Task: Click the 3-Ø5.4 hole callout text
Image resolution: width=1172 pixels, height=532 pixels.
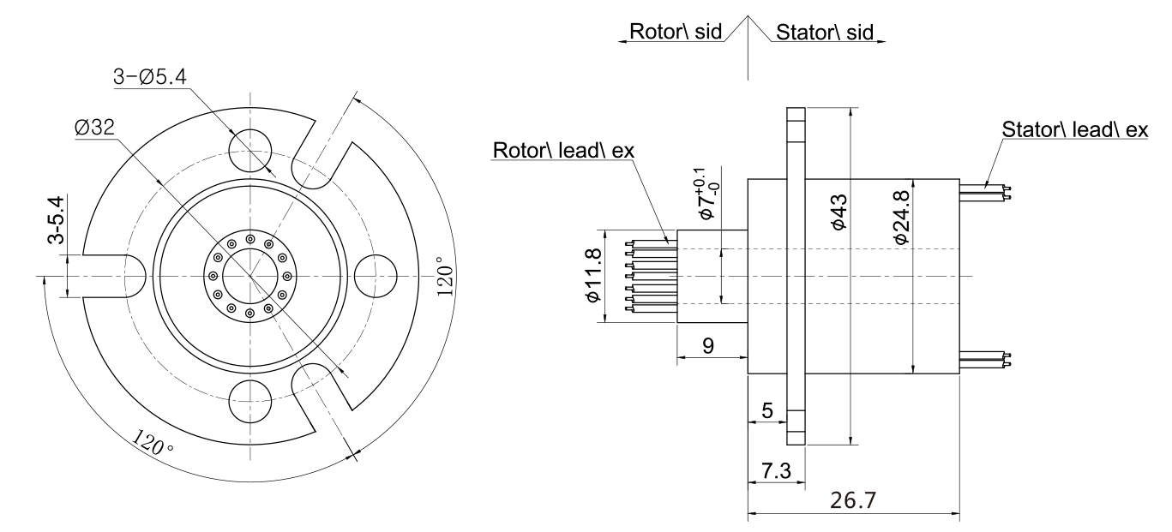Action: [150, 77]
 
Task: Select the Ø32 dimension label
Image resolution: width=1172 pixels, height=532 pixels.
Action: [94, 127]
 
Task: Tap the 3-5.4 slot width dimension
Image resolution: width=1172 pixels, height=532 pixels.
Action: [56, 220]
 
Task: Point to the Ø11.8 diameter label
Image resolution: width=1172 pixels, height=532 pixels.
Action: [593, 275]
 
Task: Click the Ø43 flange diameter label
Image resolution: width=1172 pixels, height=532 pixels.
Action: [838, 212]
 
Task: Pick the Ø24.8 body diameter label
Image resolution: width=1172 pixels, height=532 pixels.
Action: [901, 217]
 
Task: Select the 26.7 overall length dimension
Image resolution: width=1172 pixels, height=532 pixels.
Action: [853, 500]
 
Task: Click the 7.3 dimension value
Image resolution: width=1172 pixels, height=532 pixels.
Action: [776, 470]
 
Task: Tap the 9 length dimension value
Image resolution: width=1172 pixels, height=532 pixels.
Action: [708, 345]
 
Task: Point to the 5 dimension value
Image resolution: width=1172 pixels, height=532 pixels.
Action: [767, 410]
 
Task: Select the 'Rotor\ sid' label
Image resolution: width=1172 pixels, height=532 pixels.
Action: [676, 32]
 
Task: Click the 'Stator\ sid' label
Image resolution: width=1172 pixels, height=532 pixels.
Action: [825, 33]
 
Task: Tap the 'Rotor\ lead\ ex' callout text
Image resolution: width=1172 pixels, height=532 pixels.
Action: [563, 151]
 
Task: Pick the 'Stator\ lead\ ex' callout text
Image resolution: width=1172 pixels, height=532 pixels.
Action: [1074, 129]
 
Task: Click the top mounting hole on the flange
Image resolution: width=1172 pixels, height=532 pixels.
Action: [250, 151]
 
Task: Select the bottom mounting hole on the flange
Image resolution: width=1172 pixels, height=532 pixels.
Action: [250, 401]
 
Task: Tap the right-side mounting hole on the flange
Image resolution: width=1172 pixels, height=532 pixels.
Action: [376, 276]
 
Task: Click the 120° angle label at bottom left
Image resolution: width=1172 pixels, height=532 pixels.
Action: [152, 442]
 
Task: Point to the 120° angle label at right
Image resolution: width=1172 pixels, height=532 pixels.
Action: [445, 276]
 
